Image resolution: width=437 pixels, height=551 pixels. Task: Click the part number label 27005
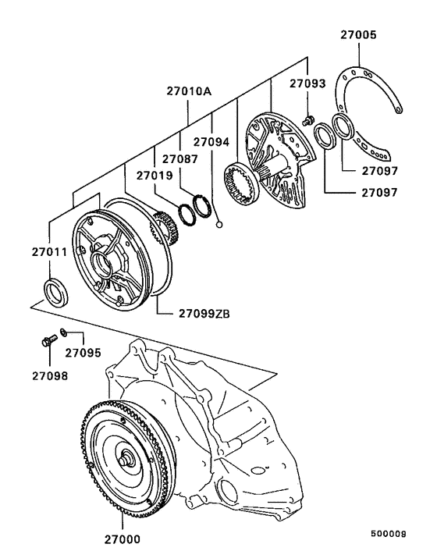[358, 35]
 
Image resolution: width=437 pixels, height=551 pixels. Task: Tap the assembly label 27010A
[189, 92]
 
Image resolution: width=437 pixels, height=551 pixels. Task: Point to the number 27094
[212, 142]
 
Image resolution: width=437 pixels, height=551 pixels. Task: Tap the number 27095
[83, 353]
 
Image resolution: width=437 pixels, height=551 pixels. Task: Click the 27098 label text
[50, 375]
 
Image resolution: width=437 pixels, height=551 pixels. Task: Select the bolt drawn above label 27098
[48, 341]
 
